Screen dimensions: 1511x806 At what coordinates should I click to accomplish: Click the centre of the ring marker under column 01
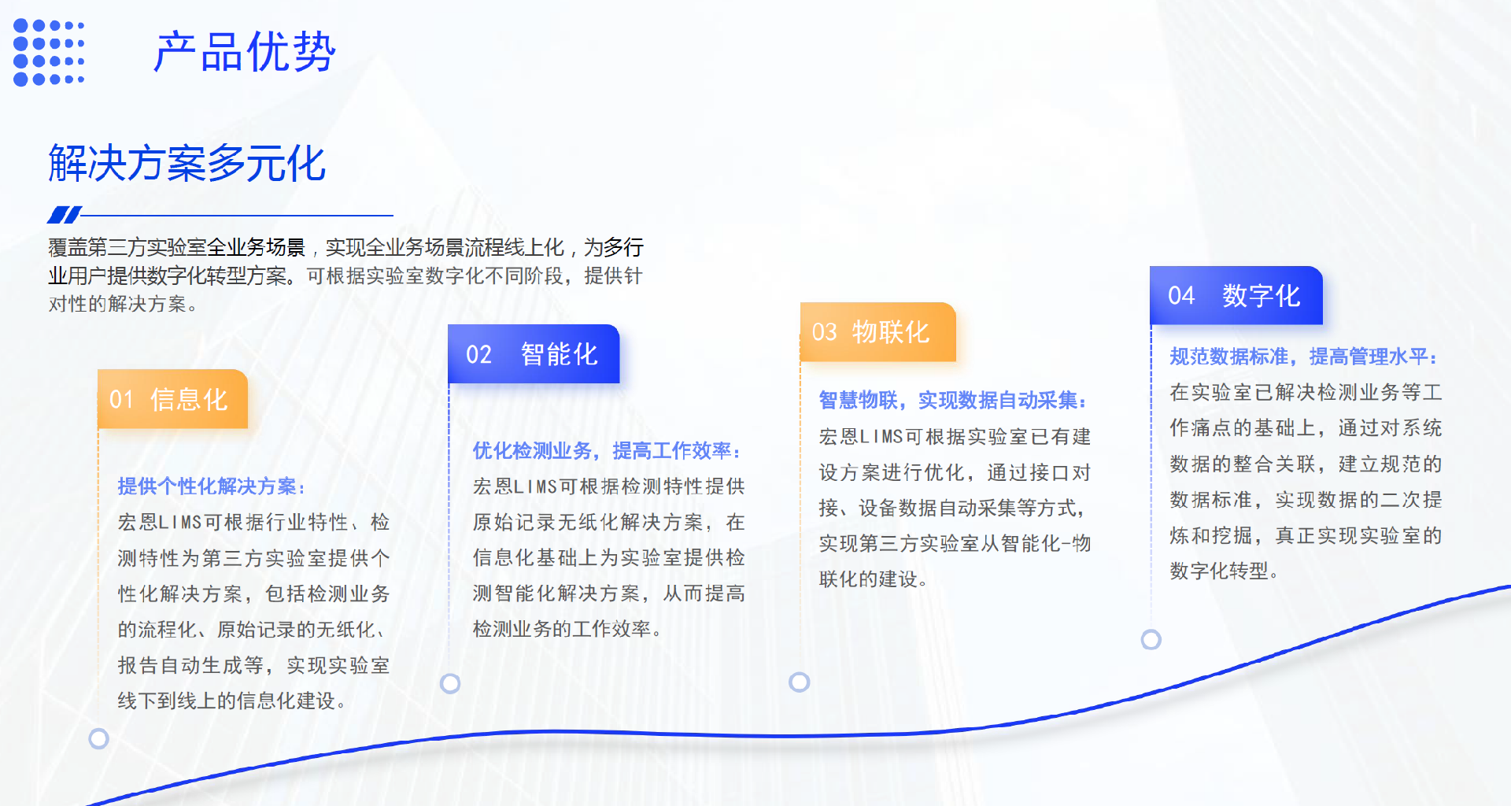(x=98, y=738)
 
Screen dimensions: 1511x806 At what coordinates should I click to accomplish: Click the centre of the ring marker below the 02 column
(x=450, y=683)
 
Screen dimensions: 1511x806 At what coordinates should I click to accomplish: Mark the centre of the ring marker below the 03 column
(x=800, y=682)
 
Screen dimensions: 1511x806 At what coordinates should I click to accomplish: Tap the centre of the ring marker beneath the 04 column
(x=1151, y=639)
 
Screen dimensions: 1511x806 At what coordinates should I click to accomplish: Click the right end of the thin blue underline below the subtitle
(x=393, y=215)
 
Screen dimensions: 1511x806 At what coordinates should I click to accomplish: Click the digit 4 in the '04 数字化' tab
(x=1188, y=296)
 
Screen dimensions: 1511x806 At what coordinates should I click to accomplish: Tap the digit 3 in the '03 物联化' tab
(x=830, y=332)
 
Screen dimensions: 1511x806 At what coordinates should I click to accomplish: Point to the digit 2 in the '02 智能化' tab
(x=485, y=354)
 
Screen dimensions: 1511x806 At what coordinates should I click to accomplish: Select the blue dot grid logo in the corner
(x=49, y=52)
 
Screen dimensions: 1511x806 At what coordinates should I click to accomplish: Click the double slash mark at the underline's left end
(x=65, y=214)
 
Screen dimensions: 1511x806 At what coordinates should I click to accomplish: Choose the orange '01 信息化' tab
(x=173, y=399)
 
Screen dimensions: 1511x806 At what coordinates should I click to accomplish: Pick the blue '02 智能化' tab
(x=534, y=354)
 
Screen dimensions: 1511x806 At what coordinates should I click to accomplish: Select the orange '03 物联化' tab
(x=878, y=332)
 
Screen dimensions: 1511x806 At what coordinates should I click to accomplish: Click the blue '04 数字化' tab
(x=1236, y=295)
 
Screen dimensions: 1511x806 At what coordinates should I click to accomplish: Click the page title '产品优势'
(x=245, y=53)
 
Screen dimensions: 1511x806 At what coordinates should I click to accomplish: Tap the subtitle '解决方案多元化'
(x=187, y=164)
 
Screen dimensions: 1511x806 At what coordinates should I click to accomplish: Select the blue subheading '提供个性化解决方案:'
(x=211, y=486)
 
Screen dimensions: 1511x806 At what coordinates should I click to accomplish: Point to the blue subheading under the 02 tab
(x=606, y=450)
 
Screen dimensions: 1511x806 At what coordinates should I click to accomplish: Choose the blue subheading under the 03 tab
(x=952, y=400)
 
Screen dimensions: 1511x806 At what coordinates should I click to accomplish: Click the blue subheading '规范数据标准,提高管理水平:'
(x=1303, y=357)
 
